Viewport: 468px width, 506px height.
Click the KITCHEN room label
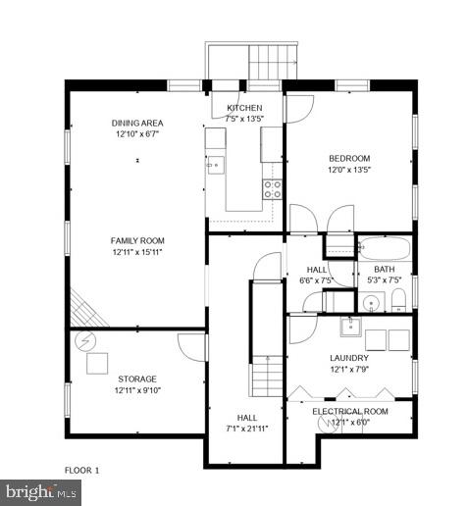[x=244, y=107]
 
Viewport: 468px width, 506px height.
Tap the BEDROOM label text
[x=348, y=159]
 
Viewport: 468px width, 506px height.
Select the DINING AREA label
[x=136, y=123]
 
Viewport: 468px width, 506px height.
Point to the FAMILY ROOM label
[x=136, y=240]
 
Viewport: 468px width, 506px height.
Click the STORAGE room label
[x=136, y=379]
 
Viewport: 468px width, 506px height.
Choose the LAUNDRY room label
[x=348, y=357]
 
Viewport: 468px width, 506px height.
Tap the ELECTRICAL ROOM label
[x=350, y=411]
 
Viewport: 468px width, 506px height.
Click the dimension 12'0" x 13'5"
[x=348, y=170]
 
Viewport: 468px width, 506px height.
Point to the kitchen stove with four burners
[x=272, y=188]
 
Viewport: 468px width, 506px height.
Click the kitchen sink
[x=214, y=164]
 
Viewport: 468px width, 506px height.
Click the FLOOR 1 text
[x=82, y=471]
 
